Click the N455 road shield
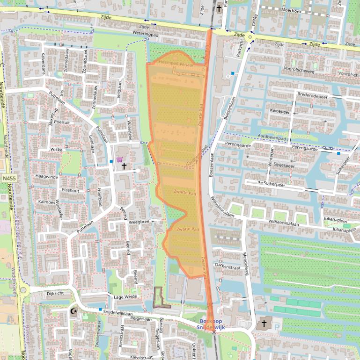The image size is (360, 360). point(8,179)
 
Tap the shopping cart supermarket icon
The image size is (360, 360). point(119,160)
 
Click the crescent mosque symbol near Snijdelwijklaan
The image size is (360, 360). point(73,311)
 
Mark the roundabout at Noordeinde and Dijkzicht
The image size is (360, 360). point(23,292)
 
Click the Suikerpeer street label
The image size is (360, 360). point(274,184)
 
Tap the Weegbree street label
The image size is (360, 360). point(139,222)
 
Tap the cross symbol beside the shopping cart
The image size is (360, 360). point(124,166)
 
